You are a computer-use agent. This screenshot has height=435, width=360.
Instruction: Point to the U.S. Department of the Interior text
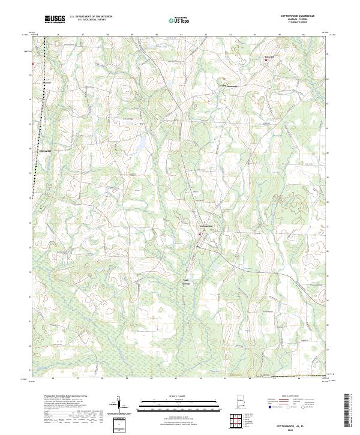point(91,17)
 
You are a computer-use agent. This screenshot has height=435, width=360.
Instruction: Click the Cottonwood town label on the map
point(206,225)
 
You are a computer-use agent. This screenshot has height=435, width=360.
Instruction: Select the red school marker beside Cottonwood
point(199,227)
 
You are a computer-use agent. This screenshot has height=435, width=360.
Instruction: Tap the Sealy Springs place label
point(185,281)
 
